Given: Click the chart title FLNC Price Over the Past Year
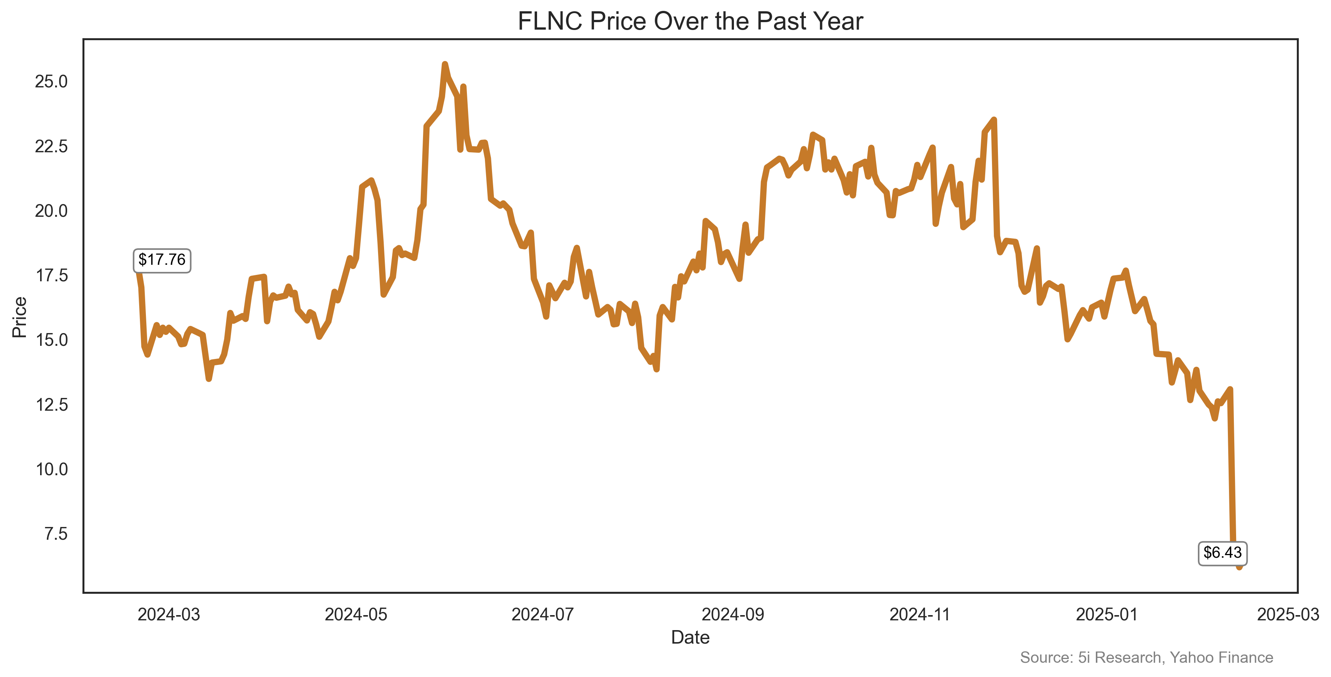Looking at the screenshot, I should click(690, 22).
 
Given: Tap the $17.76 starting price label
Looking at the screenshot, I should click(162, 260).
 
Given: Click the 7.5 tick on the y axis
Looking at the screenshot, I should click(56, 534).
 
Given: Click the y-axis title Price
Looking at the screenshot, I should click(20, 317).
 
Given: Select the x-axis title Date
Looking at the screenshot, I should click(690, 638).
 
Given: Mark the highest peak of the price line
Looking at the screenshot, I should click(445, 64).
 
